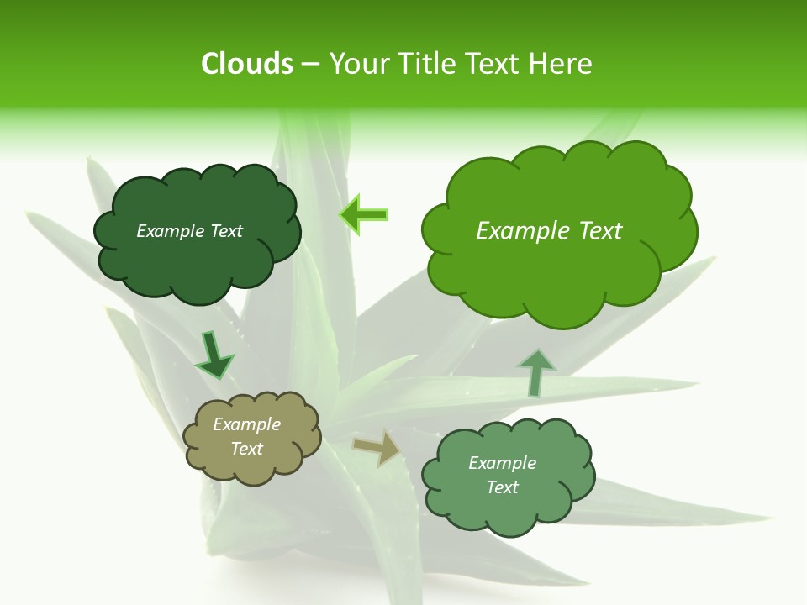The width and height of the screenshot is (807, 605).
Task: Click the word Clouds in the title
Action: tap(246, 64)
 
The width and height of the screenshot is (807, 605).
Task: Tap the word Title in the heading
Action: tap(429, 64)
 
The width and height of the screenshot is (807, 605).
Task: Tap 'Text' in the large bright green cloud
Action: tap(599, 231)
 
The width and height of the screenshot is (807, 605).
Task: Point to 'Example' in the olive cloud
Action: tap(246, 424)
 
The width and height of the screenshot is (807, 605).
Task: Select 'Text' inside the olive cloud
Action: tap(246, 449)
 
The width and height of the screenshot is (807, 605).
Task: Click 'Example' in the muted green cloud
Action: tap(502, 463)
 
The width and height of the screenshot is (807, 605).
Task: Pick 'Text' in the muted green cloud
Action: tap(502, 487)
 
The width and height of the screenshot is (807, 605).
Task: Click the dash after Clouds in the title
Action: tap(309, 64)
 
